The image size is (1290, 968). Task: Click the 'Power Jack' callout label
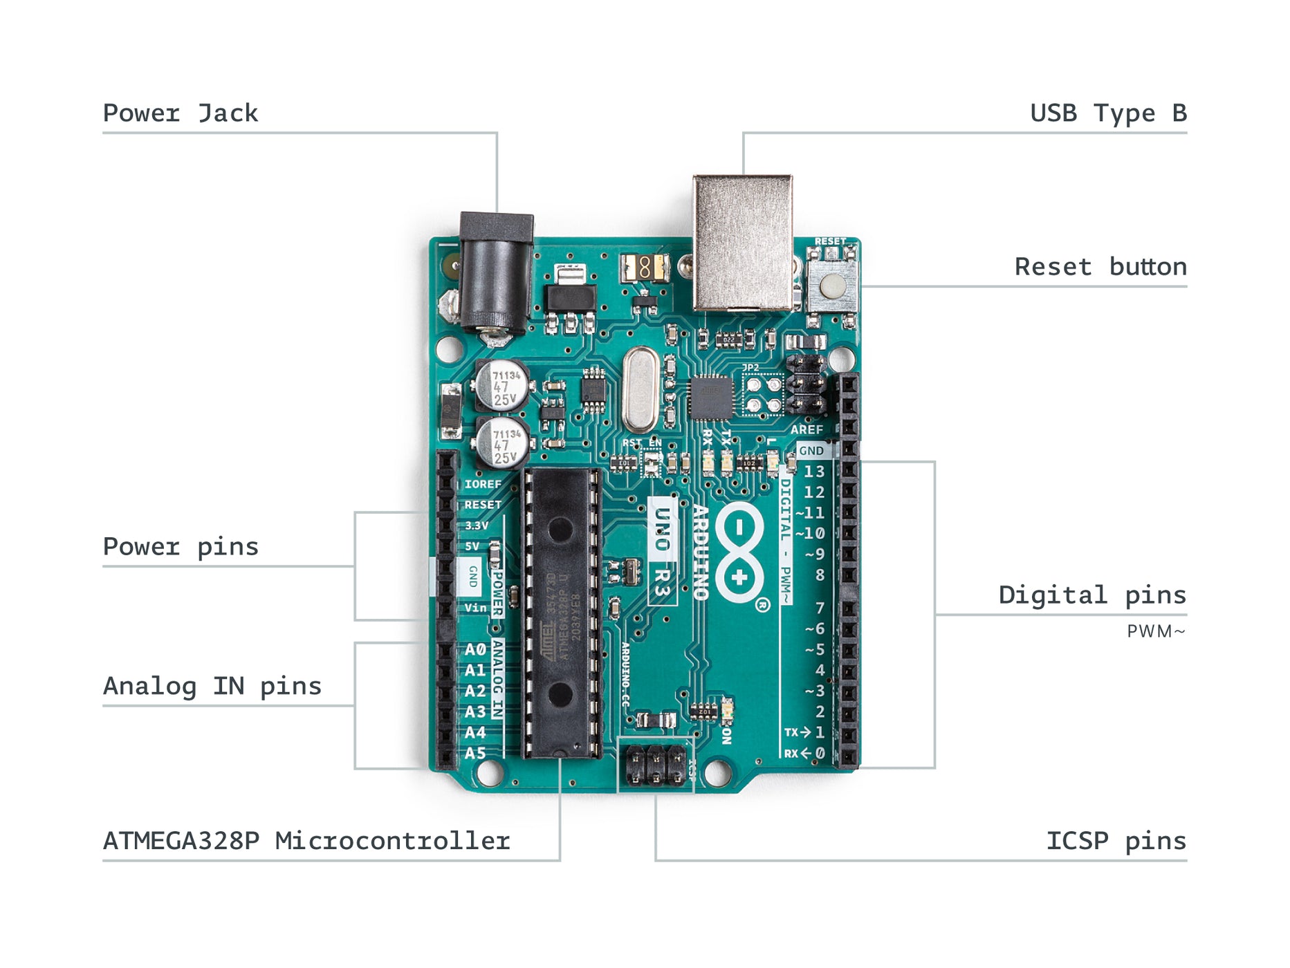coord(180,113)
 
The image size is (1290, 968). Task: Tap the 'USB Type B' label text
coord(1108,113)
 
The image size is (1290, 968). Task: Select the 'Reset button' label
coord(1100,267)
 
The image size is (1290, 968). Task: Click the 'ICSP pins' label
coord(1116,841)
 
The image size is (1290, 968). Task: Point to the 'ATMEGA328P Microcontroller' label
coord(306,841)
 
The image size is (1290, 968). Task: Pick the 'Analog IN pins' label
coord(212,687)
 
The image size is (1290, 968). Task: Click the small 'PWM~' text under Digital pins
coord(1156,632)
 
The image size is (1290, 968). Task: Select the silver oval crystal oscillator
coord(641,391)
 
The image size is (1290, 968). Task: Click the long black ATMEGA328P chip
coord(561,612)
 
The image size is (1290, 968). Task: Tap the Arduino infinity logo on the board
coord(739,552)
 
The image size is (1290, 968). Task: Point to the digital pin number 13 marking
coord(814,472)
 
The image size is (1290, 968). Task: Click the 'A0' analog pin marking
coord(475,650)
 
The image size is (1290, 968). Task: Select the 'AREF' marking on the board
coord(807,429)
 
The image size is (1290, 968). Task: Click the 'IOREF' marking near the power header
coord(483,484)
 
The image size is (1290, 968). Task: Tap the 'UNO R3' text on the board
coord(662,550)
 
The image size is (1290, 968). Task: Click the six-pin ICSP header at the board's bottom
coord(656,765)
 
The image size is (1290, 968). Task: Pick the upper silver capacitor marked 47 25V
coord(503,384)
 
